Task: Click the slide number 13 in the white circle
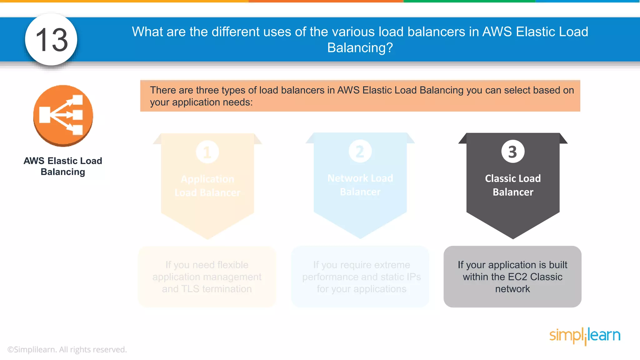[x=52, y=40]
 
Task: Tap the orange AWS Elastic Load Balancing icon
[x=63, y=116]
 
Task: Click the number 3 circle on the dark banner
[x=512, y=152]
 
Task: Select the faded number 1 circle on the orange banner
[x=207, y=152]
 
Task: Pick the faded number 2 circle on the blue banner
[x=360, y=152]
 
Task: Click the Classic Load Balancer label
[x=513, y=185]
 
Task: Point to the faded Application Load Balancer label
[x=207, y=186]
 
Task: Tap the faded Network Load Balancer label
[x=360, y=185]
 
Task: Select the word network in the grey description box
[x=512, y=289]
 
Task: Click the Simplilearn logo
[x=585, y=336]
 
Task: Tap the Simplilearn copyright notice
[x=67, y=349]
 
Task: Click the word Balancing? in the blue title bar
[x=360, y=48]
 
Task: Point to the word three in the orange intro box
[x=207, y=90]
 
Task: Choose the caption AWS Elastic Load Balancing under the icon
[x=63, y=166]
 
